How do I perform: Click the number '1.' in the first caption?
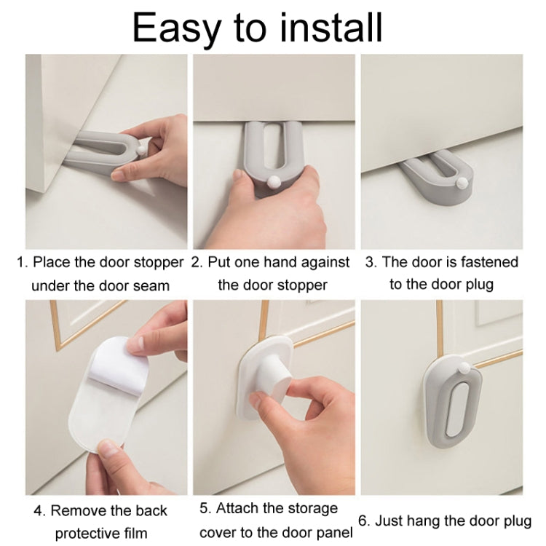pos(23,262)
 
